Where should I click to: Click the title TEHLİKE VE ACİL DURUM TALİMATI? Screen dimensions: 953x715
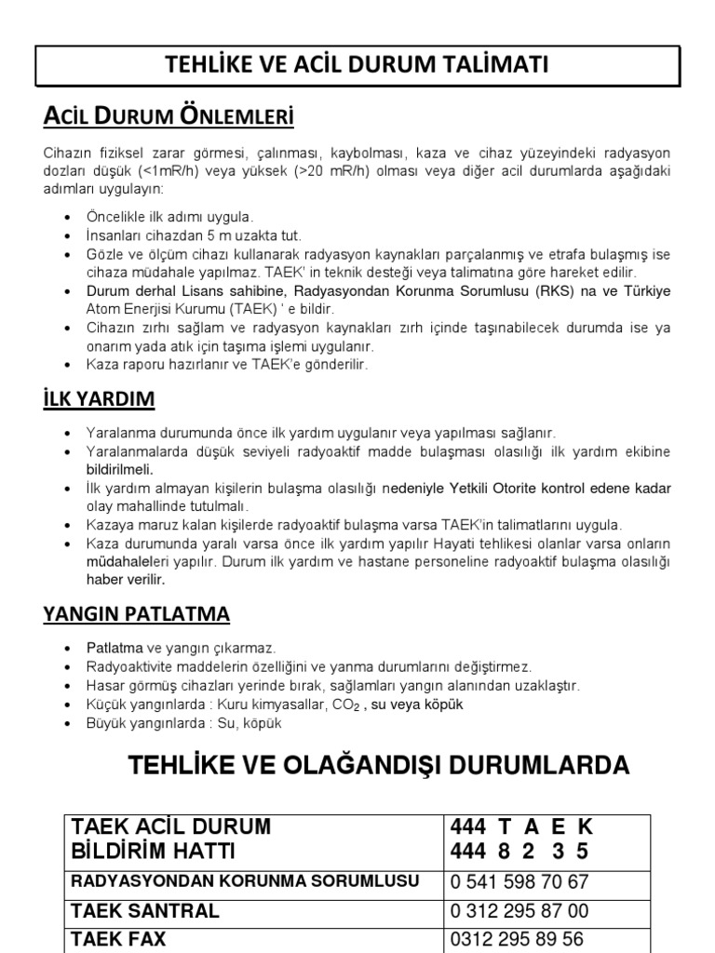point(357,65)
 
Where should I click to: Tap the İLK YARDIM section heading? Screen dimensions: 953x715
point(99,400)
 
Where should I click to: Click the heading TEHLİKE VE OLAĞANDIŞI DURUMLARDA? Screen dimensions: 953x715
point(378,766)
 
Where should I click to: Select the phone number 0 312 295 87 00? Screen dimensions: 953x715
point(519,911)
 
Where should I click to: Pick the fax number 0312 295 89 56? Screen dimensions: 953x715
point(517,939)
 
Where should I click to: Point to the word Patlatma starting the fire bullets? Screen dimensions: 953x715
point(115,647)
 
